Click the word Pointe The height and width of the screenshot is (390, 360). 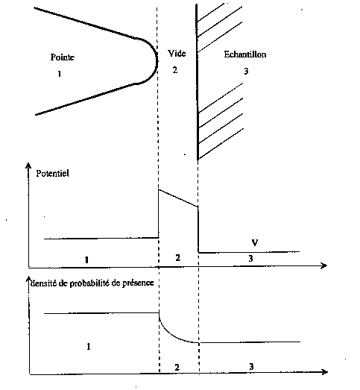(63, 57)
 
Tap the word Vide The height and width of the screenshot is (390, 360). (177, 54)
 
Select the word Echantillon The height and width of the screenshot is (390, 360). (245, 54)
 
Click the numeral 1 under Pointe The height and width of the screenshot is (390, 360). (60, 74)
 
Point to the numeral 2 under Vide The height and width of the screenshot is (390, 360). (175, 70)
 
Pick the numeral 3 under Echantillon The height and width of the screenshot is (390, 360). (246, 72)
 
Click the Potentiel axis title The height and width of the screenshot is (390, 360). (52, 173)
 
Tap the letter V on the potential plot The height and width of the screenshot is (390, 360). (255, 242)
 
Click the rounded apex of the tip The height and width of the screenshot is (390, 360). (157, 61)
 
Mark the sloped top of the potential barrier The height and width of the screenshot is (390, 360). (178, 198)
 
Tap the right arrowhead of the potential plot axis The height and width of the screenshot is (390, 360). (324, 265)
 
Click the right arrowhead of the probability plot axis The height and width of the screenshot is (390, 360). (325, 372)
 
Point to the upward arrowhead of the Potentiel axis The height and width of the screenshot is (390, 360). (28, 166)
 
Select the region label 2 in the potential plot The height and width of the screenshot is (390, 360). (177, 258)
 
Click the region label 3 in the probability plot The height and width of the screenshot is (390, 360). (251, 367)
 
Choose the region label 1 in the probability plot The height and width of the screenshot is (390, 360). (89, 347)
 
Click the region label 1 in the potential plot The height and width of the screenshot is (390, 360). (86, 260)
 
